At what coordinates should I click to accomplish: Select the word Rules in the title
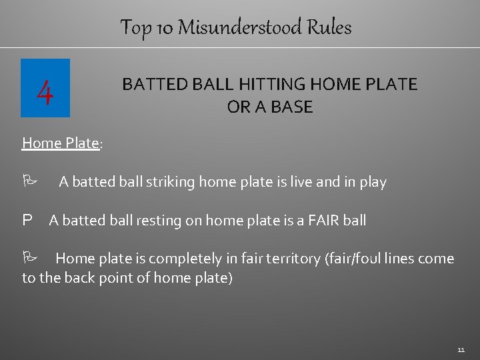[x=329, y=27]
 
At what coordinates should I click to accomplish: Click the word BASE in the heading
[x=290, y=107]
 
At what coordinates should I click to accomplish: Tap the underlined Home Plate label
[x=60, y=143]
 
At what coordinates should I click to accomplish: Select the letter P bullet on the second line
[x=27, y=220]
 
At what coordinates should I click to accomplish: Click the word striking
[x=170, y=182]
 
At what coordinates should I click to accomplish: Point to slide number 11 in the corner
[x=461, y=349]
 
